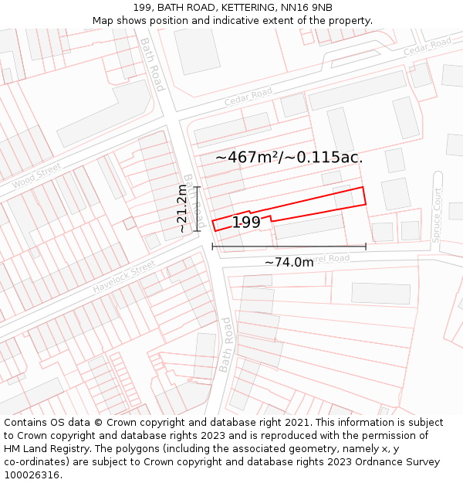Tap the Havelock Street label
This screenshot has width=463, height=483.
pyautogui.click(x=124, y=277)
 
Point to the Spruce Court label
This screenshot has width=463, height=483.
pyautogui.click(x=438, y=216)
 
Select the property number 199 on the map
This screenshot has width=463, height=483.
pyautogui.click(x=246, y=223)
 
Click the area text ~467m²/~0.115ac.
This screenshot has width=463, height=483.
pyautogui.click(x=289, y=157)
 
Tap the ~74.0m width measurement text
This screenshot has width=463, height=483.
pyautogui.click(x=289, y=263)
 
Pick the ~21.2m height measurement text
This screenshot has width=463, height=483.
pyautogui.click(x=182, y=209)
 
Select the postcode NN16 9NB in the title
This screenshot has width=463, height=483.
pyautogui.click(x=308, y=8)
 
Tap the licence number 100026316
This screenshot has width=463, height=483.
pyautogui.click(x=32, y=475)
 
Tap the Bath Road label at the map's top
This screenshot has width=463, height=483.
pyautogui.click(x=152, y=64)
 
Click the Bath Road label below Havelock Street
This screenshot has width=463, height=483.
pyautogui.click(x=225, y=345)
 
